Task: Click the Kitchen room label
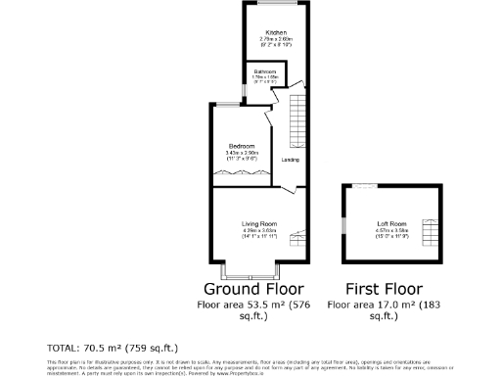click(261, 32)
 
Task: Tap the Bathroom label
click(264, 71)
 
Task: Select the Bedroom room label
click(242, 146)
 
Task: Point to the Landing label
click(291, 160)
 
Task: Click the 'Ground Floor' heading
click(252, 290)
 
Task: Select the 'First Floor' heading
click(384, 290)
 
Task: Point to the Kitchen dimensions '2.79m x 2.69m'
click(261, 39)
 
